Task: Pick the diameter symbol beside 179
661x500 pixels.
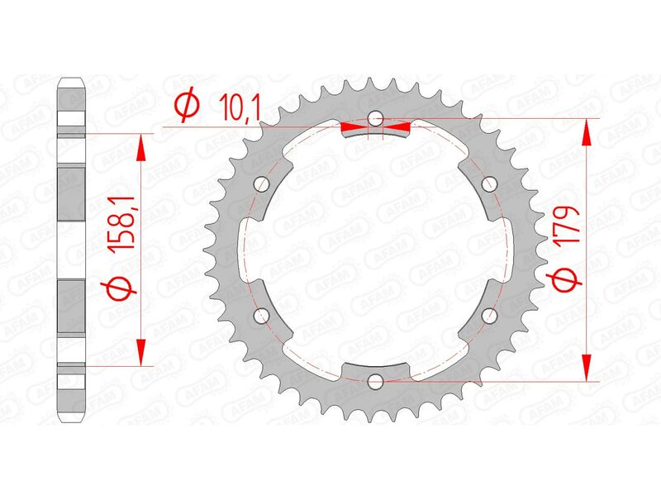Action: [x=564, y=280]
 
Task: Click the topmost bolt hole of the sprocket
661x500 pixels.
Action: [x=376, y=118]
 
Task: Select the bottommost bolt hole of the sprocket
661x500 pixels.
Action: [x=376, y=381]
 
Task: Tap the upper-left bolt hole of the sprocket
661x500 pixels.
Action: [x=262, y=183]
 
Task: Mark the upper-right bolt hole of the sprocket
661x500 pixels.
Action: [x=490, y=183]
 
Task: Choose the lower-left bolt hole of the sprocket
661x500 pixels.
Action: [x=262, y=315]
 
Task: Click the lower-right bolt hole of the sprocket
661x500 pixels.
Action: [x=490, y=315]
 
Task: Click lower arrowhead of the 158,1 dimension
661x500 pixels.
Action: [x=142, y=351]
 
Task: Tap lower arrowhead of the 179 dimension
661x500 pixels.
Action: [x=587, y=368]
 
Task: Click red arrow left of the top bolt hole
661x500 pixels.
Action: [x=355, y=126]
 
